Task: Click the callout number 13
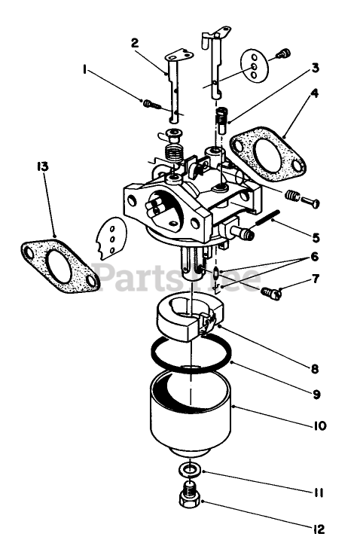point(42,166)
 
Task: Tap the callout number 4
point(314,93)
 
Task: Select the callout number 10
point(319,425)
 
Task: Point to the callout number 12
point(319,529)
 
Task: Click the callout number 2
point(135,43)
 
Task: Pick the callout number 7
point(316,279)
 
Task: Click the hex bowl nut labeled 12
point(190,496)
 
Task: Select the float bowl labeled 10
point(190,413)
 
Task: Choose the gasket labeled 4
point(267,154)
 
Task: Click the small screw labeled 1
point(152,105)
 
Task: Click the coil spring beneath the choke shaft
point(173,154)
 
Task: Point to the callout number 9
point(316,394)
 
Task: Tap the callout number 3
point(315,67)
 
